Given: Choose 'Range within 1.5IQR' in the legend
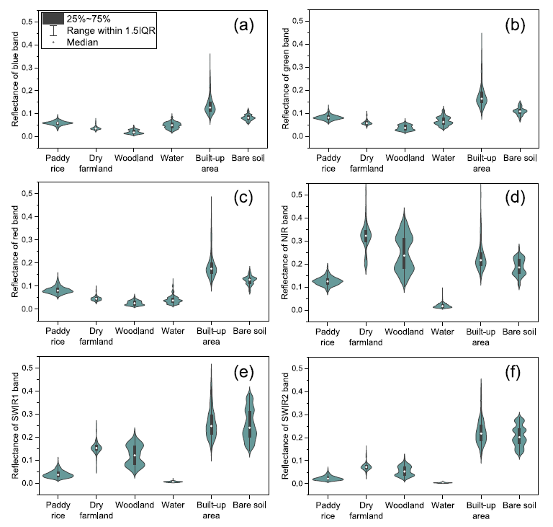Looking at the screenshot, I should [x=108, y=31].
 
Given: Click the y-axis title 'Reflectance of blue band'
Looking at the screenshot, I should [x=15, y=80].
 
